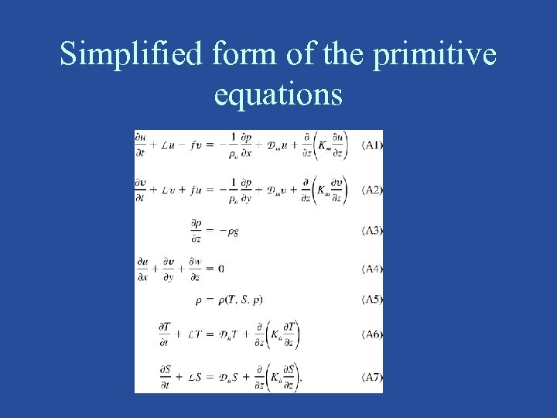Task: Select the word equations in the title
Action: [x=278, y=94]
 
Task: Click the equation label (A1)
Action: [x=372, y=145]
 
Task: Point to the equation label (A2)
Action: [x=372, y=190]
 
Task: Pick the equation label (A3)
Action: [x=372, y=230]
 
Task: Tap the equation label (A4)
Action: [x=372, y=269]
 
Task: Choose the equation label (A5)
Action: [x=372, y=300]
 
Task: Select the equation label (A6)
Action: [x=372, y=335]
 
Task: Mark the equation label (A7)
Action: [x=372, y=377]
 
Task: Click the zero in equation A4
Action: [x=221, y=269]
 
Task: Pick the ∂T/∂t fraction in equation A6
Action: [x=165, y=334]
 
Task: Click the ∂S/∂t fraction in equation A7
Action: [x=165, y=377]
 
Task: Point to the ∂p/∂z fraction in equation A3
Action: [x=196, y=230]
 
